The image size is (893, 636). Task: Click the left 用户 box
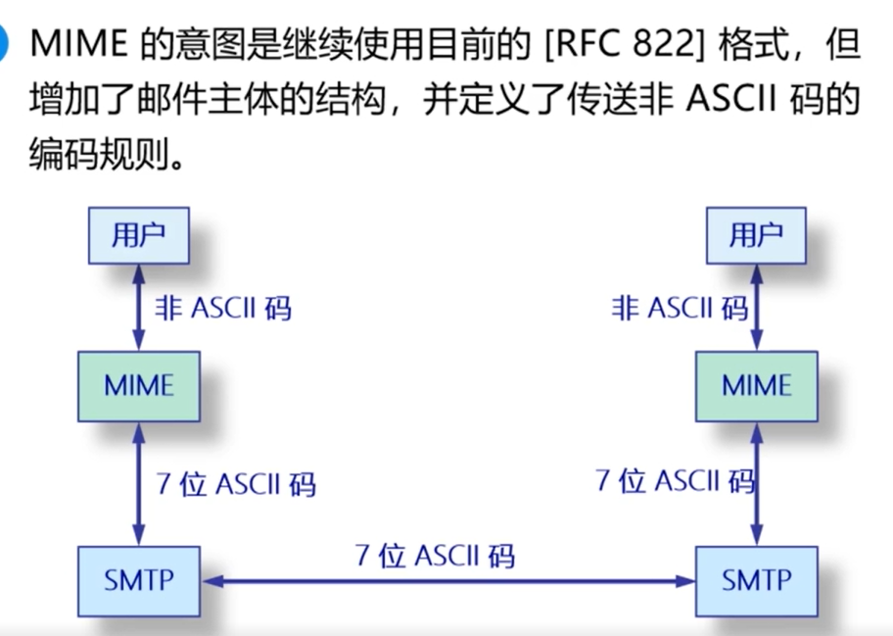click(x=138, y=235)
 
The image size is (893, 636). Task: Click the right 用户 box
click(x=756, y=235)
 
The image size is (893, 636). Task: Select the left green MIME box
click(x=139, y=386)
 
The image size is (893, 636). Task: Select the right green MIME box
click(x=757, y=386)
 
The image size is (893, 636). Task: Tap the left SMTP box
click(x=139, y=581)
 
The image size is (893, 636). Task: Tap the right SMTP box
click(x=757, y=581)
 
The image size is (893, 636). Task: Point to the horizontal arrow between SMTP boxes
click(x=448, y=581)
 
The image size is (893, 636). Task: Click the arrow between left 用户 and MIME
click(x=138, y=308)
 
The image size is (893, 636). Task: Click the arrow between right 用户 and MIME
click(x=756, y=308)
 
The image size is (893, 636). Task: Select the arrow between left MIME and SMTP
click(x=138, y=484)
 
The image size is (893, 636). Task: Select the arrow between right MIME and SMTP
click(x=756, y=484)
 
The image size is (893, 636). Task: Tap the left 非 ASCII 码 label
click(x=223, y=309)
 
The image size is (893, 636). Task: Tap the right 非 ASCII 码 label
click(x=680, y=309)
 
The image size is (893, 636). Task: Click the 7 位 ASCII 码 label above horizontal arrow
click(x=435, y=555)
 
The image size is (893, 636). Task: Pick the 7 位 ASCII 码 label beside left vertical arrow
click(x=236, y=484)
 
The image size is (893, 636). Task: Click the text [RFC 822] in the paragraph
click(x=625, y=45)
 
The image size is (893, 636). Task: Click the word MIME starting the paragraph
click(x=78, y=44)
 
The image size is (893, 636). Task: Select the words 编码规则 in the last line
click(x=100, y=153)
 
